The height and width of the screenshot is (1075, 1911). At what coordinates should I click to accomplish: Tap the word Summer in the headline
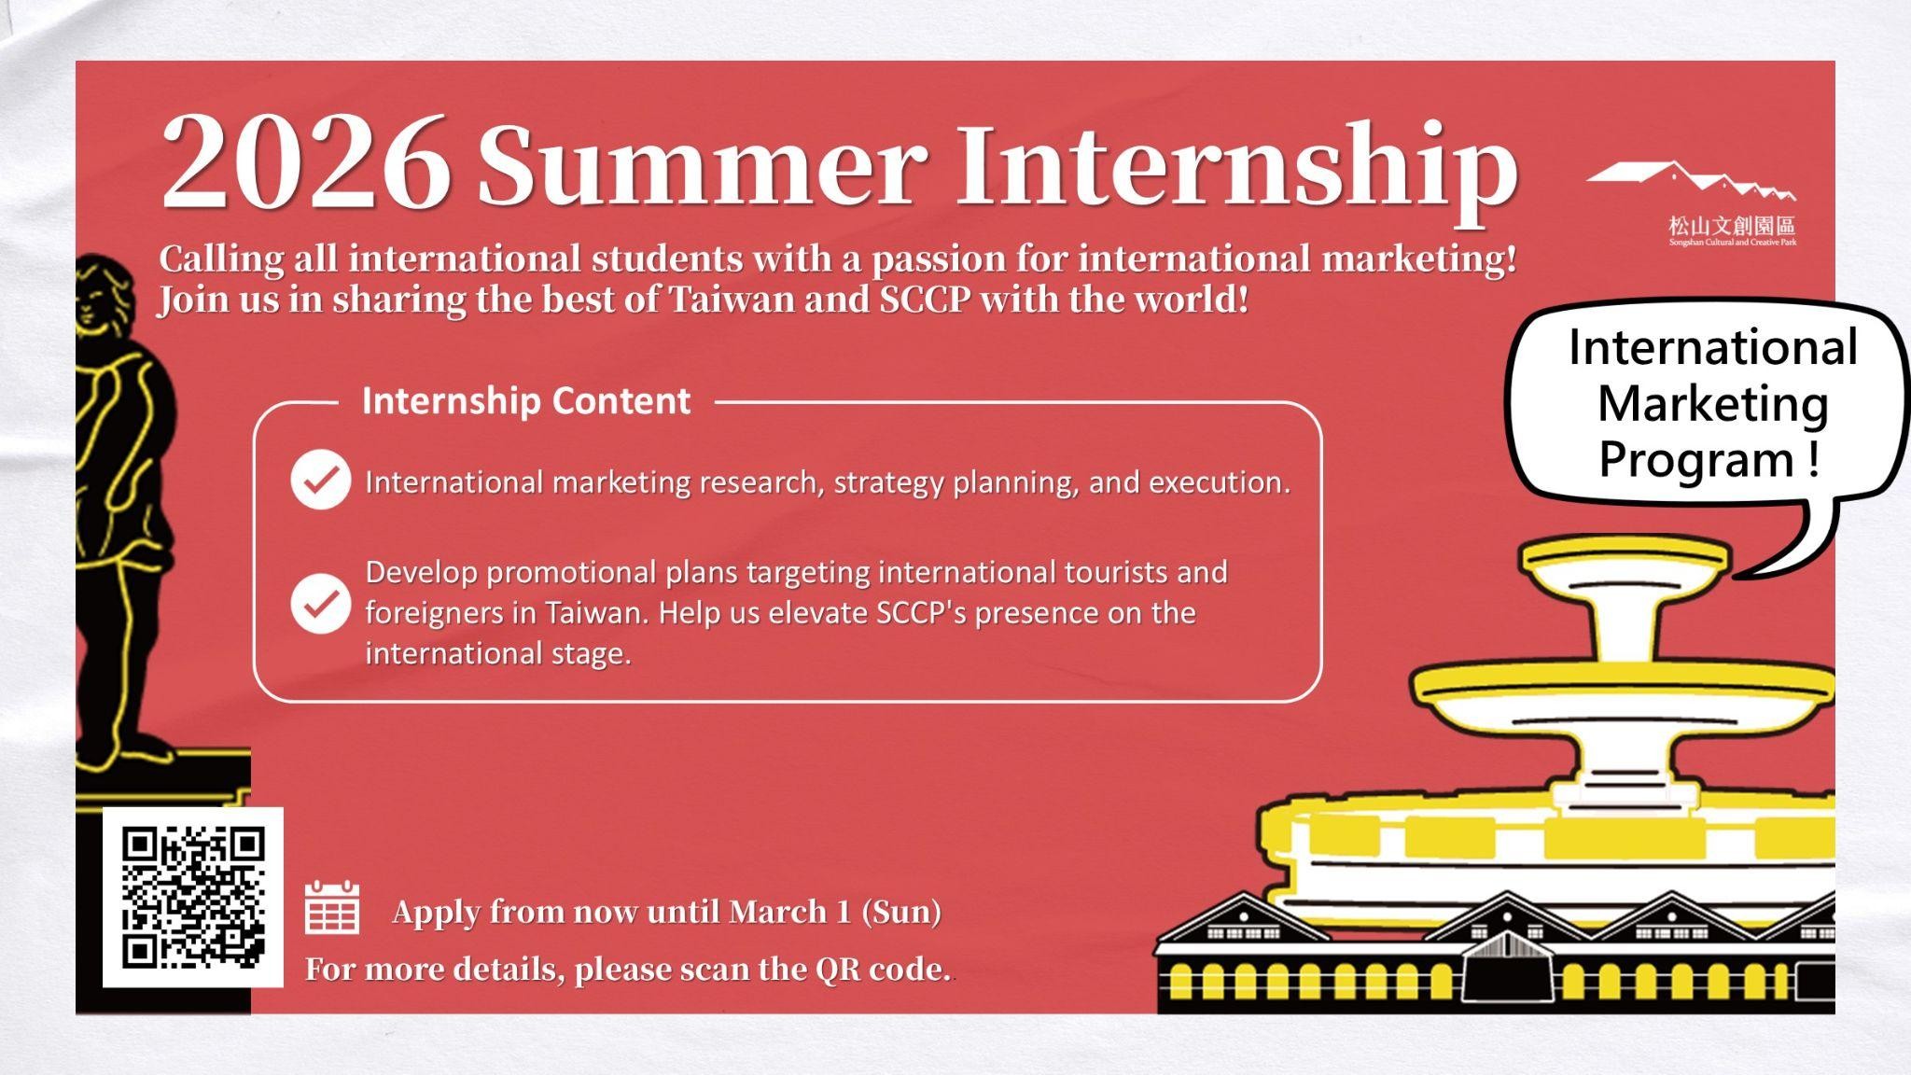click(702, 165)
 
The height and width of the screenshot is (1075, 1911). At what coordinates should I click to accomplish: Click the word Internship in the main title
click(1235, 168)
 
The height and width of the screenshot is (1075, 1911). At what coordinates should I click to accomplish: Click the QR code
click(193, 897)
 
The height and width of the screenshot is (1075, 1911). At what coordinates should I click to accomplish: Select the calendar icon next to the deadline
click(332, 907)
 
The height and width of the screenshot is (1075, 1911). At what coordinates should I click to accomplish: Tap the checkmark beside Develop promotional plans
click(320, 603)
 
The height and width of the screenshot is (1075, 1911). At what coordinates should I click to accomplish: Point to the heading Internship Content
click(525, 401)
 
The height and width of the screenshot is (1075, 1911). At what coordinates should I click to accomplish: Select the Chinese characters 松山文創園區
click(1731, 225)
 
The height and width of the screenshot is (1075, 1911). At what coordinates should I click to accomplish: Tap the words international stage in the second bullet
click(497, 653)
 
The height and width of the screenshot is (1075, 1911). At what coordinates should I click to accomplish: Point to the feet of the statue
click(121, 751)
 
